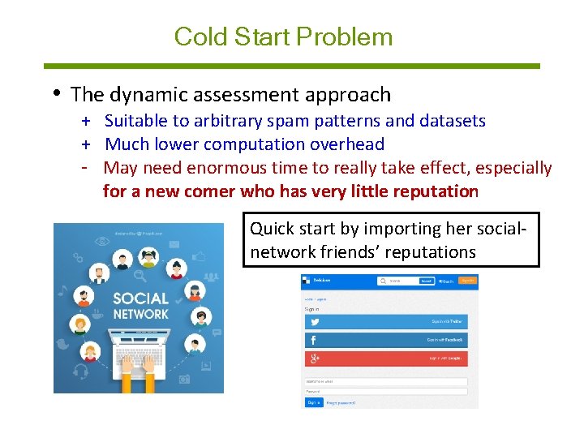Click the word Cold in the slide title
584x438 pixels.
(x=192, y=36)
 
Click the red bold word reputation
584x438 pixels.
(x=436, y=191)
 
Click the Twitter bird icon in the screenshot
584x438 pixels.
(x=313, y=321)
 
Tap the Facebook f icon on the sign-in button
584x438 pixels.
(x=313, y=340)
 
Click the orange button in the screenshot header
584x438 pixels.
(x=467, y=281)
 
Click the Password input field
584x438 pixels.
(x=386, y=391)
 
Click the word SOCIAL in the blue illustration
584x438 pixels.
(x=140, y=298)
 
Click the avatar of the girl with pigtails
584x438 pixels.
(x=149, y=257)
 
